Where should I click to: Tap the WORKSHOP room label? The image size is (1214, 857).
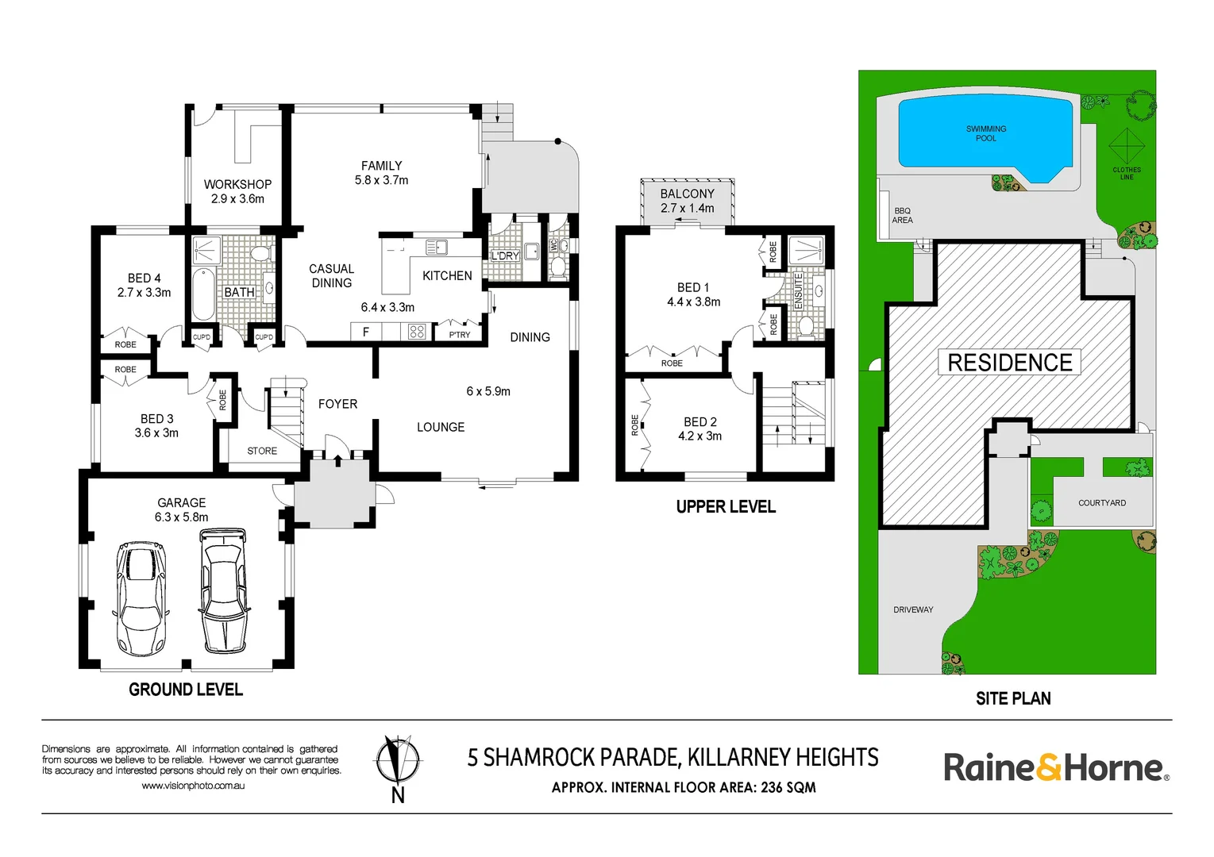[x=237, y=184]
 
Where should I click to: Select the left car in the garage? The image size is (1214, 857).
[x=141, y=598]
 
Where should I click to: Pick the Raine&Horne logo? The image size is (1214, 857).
[x=1055, y=768]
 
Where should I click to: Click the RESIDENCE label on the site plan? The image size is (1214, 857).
[x=1010, y=363]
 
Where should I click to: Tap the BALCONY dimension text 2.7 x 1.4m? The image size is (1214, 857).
[x=687, y=209]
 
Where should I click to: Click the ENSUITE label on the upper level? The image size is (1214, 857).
[x=799, y=290]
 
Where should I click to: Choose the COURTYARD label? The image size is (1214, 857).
[x=1101, y=503]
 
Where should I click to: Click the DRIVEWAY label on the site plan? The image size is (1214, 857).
[x=913, y=609]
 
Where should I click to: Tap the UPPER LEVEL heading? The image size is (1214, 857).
[x=726, y=507]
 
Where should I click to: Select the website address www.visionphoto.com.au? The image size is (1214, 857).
[x=193, y=786]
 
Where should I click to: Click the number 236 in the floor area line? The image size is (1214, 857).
[x=771, y=788]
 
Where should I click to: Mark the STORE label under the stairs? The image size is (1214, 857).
[x=262, y=451]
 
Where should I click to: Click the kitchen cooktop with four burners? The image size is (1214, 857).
[x=417, y=332]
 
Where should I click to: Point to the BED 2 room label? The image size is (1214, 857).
[x=699, y=422]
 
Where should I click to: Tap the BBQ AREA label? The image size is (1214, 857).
[x=902, y=216]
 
